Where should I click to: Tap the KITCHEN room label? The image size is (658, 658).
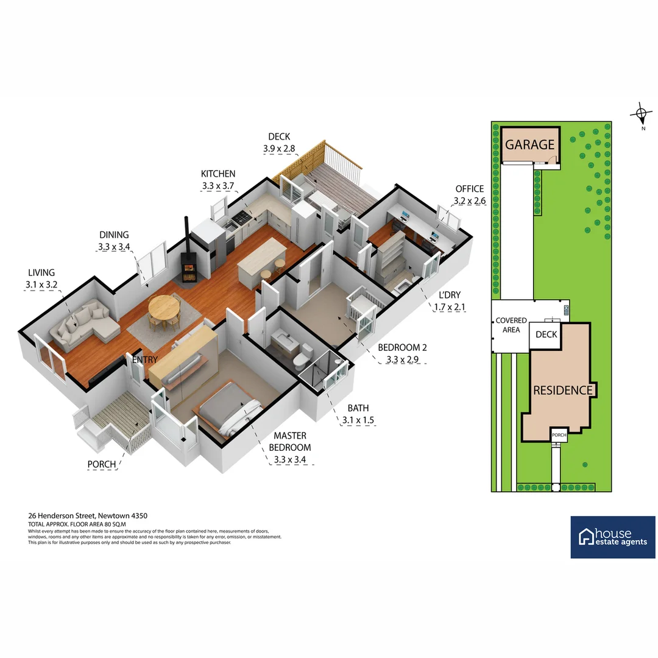pyautogui.click(x=218, y=174)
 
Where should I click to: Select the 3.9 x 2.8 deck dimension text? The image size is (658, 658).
pyautogui.click(x=279, y=148)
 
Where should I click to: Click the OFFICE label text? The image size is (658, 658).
pyautogui.click(x=469, y=189)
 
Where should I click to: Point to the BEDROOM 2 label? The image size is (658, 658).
pyautogui.click(x=402, y=347)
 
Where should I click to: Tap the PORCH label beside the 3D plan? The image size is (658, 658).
pyautogui.click(x=102, y=464)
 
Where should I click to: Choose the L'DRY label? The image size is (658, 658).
pyautogui.click(x=450, y=295)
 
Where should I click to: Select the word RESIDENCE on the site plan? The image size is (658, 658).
pyautogui.click(x=562, y=391)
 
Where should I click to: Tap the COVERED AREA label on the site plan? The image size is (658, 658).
pyautogui.click(x=511, y=325)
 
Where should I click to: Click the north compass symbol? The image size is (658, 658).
pyautogui.click(x=640, y=113)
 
